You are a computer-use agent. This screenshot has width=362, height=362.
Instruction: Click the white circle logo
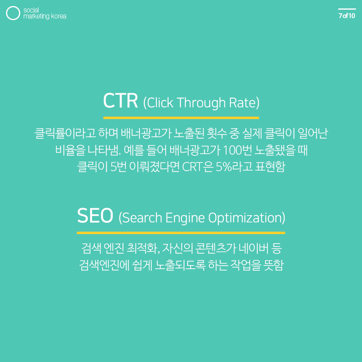point(13,13)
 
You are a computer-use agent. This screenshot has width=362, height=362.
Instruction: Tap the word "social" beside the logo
point(31,10)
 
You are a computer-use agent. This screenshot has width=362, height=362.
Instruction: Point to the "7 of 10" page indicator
point(347,16)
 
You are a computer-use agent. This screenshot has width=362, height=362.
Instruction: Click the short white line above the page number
point(347,9)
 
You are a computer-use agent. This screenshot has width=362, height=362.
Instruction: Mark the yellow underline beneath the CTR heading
point(181,118)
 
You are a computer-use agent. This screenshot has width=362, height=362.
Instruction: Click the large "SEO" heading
point(95,216)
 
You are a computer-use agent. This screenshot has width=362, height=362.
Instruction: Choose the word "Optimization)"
point(247,218)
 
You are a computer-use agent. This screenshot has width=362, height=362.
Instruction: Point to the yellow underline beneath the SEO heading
point(181,232)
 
